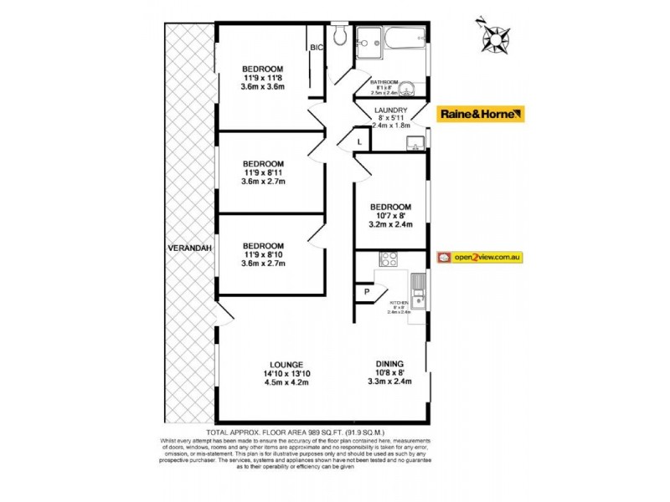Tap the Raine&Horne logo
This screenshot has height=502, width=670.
[x=481, y=114]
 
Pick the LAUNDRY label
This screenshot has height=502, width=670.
[x=391, y=110]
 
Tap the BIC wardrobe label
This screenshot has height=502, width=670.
[x=317, y=48]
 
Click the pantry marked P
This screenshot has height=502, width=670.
[x=366, y=292]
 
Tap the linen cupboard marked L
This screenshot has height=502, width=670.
[x=358, y=142]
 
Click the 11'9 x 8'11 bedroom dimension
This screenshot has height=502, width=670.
[x=263, y=173]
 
